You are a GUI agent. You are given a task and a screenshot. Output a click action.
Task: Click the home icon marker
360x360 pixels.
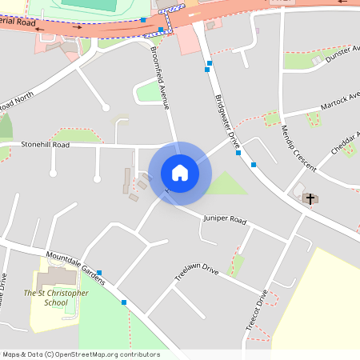pyautogui.click(x=180, y=173)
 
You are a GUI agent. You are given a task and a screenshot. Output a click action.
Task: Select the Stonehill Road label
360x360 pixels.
pyautogui.click(x=46, y=146)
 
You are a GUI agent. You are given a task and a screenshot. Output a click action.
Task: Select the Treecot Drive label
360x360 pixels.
pyautogui.click(x=258, y=315)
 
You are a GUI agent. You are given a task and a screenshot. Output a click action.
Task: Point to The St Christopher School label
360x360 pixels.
pyautogui.click(x=56, y=298)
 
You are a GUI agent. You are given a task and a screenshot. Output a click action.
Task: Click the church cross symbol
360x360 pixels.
pyautogui.click(x=310, y=198)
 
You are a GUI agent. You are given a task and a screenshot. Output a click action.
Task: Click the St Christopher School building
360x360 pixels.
pyautogui.click(x=54, y=278)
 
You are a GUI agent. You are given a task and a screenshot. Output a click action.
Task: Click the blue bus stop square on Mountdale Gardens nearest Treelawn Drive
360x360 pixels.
pyautogui.click(x=124, y=302)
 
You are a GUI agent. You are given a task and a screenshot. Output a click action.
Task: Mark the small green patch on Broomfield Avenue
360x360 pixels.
pyautogui.click(x=150, y=92)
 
